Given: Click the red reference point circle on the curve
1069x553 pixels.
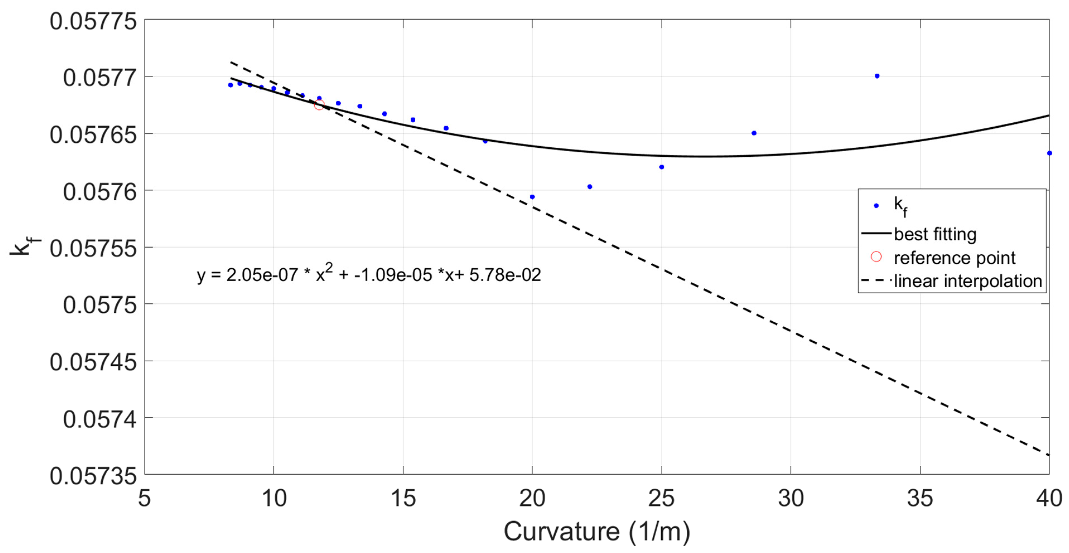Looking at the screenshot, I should [x=319, y=105].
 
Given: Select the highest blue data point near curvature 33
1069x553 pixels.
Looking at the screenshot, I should [x=877, y=76].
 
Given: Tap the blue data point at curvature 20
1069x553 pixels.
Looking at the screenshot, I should [x=532, y=197].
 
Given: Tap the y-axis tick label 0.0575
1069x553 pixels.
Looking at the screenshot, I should [x=100, y=305].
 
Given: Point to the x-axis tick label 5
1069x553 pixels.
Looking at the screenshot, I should [x=144, y=498].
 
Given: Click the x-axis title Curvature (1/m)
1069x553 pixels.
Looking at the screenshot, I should [x=597, y=532].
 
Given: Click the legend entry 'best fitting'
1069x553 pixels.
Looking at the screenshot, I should [x=935, y=234].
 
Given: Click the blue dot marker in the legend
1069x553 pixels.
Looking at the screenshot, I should [x=876, y=206].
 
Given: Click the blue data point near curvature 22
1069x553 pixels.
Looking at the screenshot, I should [x=590, y=187].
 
